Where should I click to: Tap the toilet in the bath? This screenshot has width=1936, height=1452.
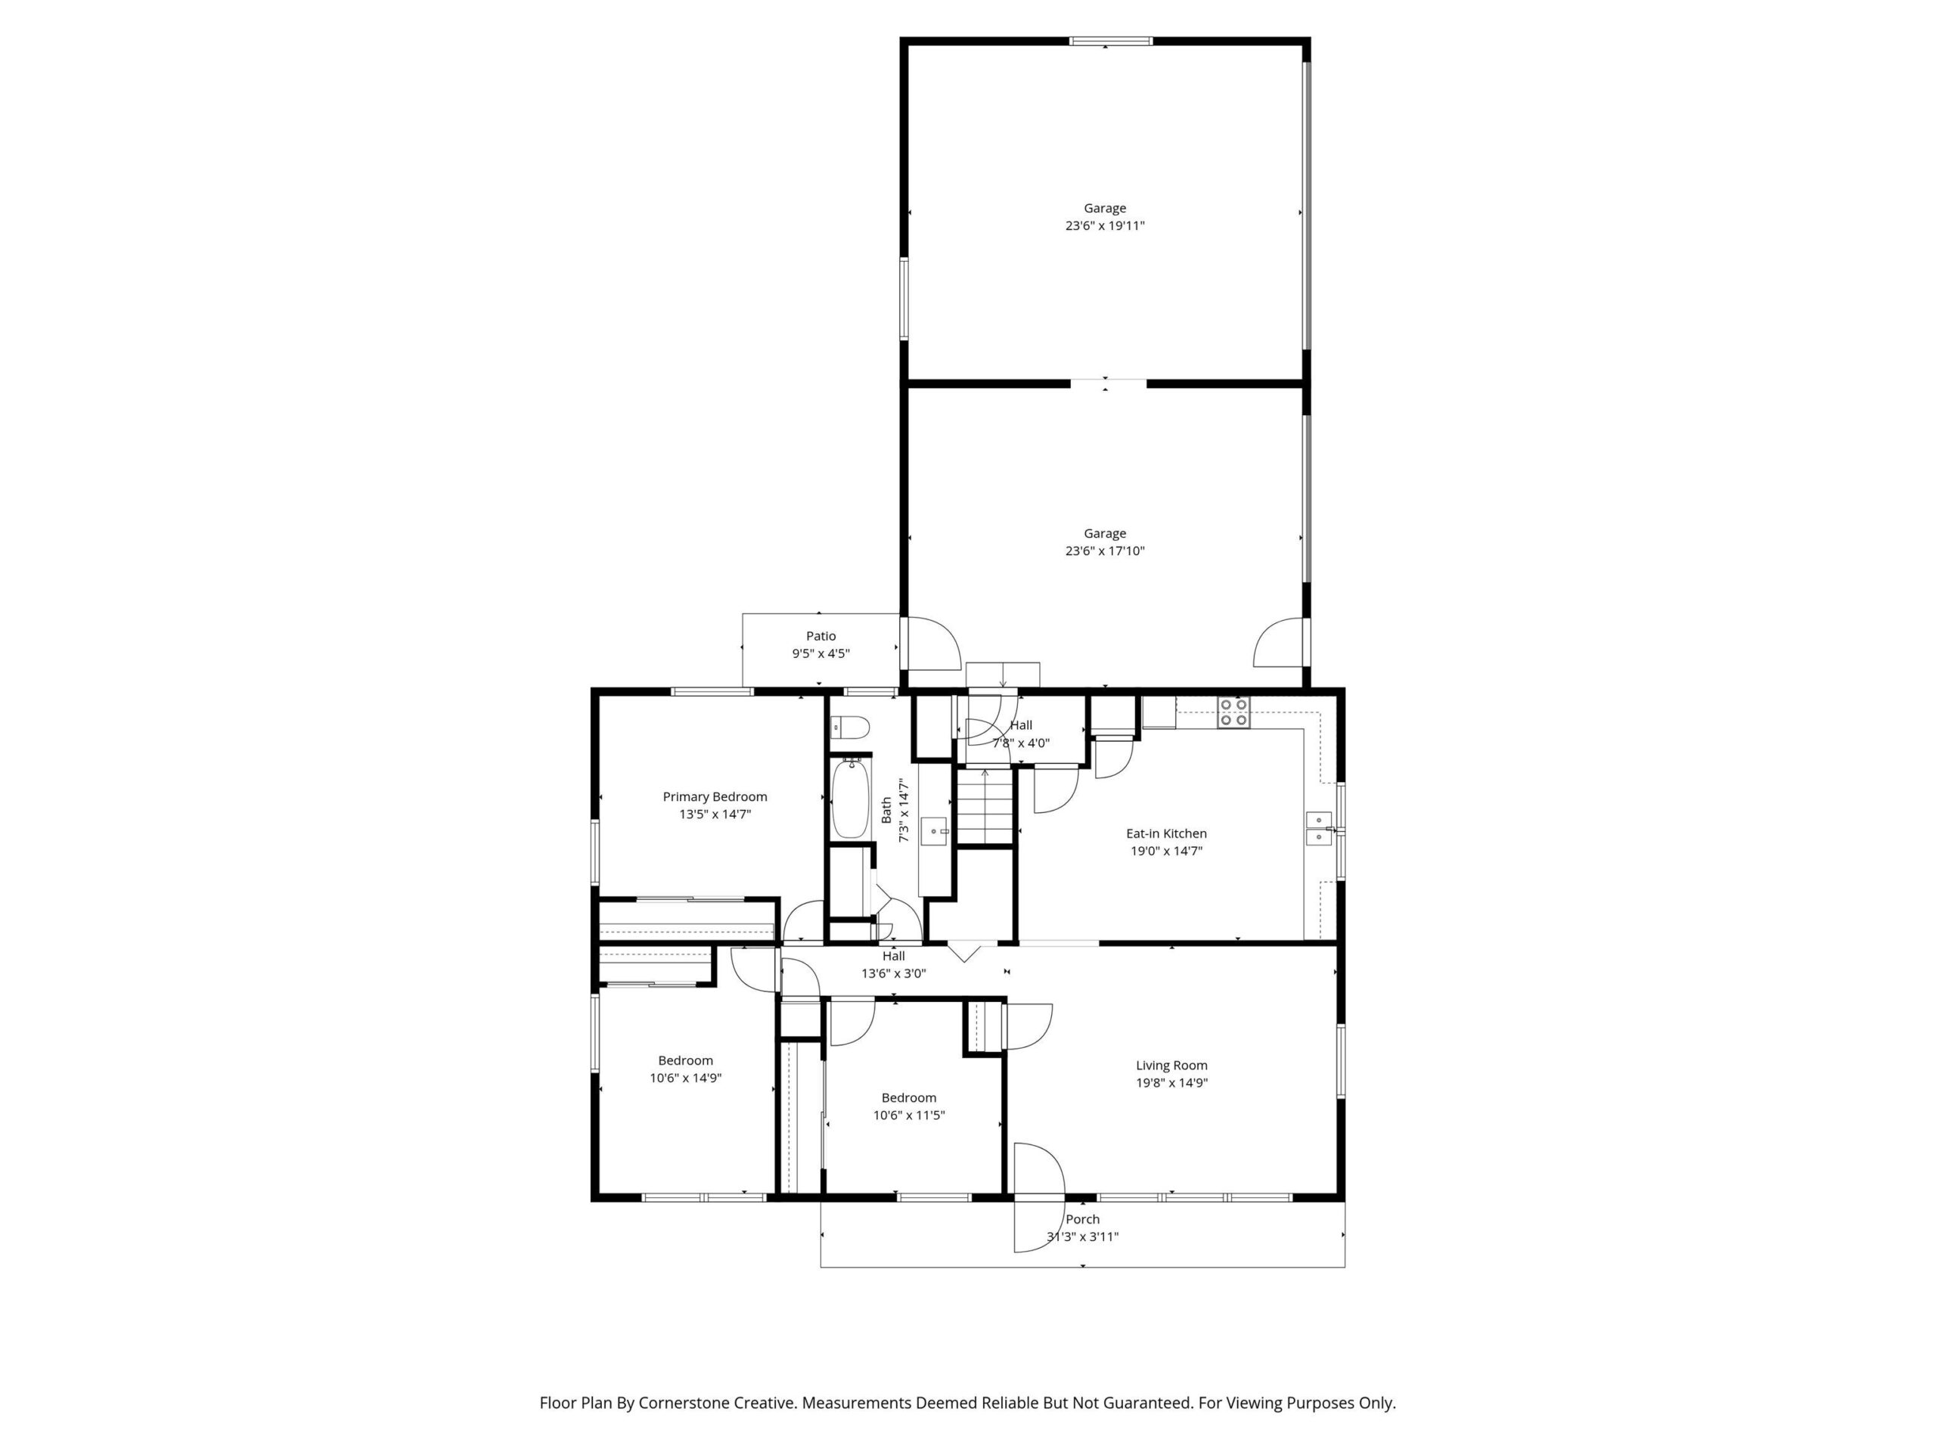849,727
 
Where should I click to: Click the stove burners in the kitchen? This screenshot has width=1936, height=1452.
1234,712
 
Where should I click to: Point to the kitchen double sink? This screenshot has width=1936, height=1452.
1318,828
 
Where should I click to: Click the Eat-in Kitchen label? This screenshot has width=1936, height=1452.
1166,833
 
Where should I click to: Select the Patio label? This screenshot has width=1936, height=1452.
821,636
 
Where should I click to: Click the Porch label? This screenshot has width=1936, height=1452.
1083,1219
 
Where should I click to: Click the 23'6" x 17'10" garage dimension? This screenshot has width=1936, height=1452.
1105,551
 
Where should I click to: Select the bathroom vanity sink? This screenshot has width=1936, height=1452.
934,829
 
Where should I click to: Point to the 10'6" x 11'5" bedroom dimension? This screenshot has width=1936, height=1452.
908,1115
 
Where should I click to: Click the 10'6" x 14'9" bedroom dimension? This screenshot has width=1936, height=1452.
685,1078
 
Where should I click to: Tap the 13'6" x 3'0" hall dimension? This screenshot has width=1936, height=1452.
894,973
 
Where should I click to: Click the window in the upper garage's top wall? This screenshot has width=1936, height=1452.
1112,40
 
